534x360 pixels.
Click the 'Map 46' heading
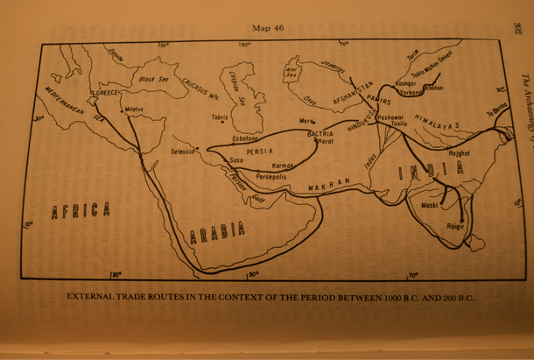coord(269,29)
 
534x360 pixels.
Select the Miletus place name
coord(134,110)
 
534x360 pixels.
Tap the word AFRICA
coord(81,210)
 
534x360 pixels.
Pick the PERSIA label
coord(261,152)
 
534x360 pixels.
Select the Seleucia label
coord(186,151)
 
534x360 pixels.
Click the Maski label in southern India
coord(430,207)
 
